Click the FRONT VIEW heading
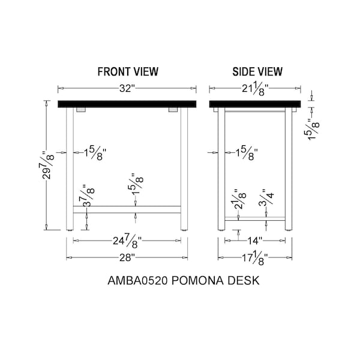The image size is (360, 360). click(128, 71)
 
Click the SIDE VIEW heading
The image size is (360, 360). click(257, 71)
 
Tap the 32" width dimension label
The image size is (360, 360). click(127, 88)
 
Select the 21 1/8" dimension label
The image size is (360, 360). click(255, 89)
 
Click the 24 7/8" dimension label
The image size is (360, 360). click(127, 242)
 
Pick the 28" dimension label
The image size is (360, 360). click(127, 257)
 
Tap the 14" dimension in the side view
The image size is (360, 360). click(254, 241)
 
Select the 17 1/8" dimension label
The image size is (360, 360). click(255, 259)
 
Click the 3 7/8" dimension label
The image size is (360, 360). click(88, 196)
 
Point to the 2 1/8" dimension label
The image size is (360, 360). click(240, 199)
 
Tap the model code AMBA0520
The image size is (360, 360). click(137, 281)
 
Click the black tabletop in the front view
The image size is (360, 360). click(127, 104)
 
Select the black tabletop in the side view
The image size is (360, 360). click(255, 104)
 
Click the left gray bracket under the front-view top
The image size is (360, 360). click(81, 110)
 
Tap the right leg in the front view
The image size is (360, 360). click(184, 169)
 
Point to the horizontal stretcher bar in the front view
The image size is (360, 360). click(127, 209)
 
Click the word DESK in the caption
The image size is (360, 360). click(244, 281)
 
